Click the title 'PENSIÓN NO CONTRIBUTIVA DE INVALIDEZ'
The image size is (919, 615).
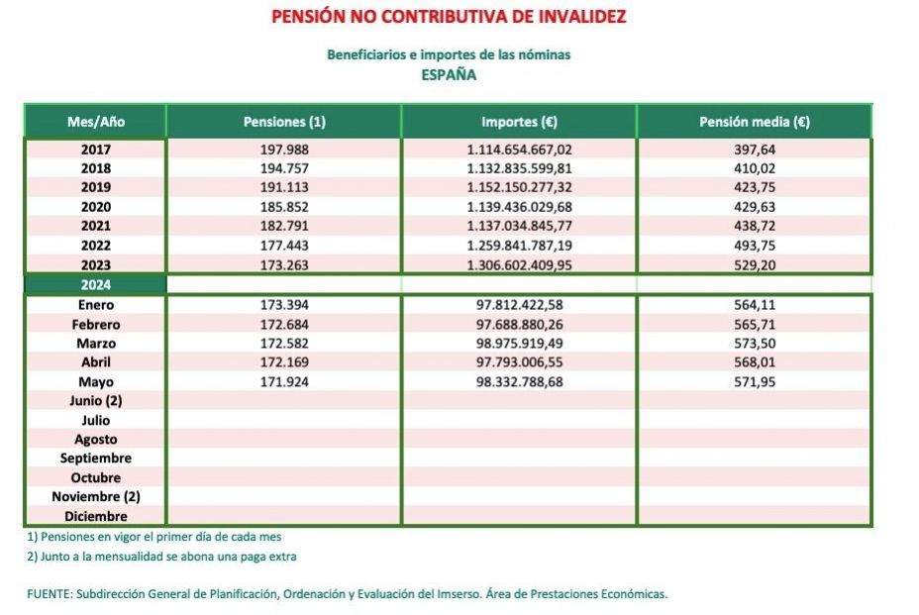pyautogui.click(x=448, y=17)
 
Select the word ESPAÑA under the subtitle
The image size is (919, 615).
pyautogui.click(x=448, y=74)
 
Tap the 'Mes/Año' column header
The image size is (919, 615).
pyautogui.click(x=96, y=122)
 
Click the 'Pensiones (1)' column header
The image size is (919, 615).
pyautogui.click(x=284, y=122)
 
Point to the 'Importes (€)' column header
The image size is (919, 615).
pyautogui.click(x=519, y=122)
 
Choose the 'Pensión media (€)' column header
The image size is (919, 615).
pyautogui.click(x=754, y=122)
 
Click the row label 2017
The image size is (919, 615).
pyautogui.click(x=96, y=150)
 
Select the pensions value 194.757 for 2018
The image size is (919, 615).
pyautogui.click(x=284, y=168)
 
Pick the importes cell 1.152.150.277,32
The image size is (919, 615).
pyautogui.click(x=519, y=187)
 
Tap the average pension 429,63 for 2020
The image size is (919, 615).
pyautogui.click(x=754, y=207)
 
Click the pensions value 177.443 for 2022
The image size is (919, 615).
pyautogui.click(x=284, y=245)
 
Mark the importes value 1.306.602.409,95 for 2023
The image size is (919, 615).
pyautogui.click(x=519, y=264)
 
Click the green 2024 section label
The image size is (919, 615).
pyautogui.click(x=96, y=284)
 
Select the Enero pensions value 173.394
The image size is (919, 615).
pyautogui.click(x=284, y=305)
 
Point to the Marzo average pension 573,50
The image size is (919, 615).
pyautogui.click(x=754, y=343)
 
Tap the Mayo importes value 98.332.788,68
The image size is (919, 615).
pyautogui.click(x=519, y=381)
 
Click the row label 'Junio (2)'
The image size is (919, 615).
pyautogui.click(x=96, y=401)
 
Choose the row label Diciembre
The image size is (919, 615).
pyautogui.click(x=96, y=516)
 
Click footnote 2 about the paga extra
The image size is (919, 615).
pyautogui.click(x=161, y=557)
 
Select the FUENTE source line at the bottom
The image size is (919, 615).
pyautogui.click(x=347, y=594)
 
